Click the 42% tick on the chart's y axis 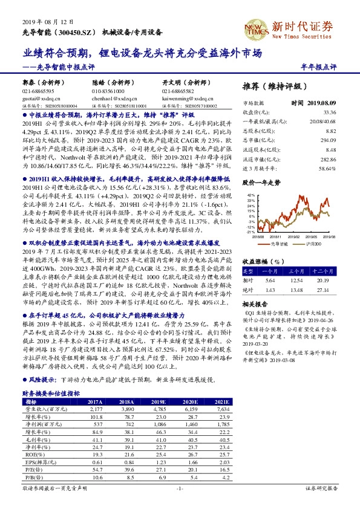pyautogui.click(x=249, y=195)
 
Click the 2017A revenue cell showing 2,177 pyautogui.click(x=96, y=409)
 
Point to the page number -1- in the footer pyautogui.click(x=180, y=487)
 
